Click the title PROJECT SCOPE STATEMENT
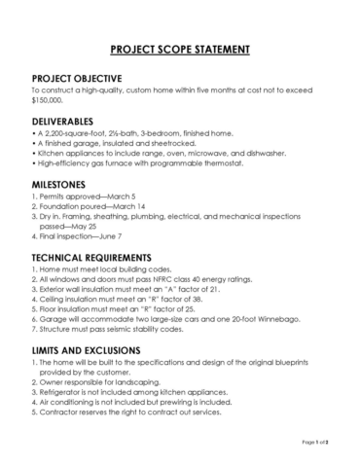180,49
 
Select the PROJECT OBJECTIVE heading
77,77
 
